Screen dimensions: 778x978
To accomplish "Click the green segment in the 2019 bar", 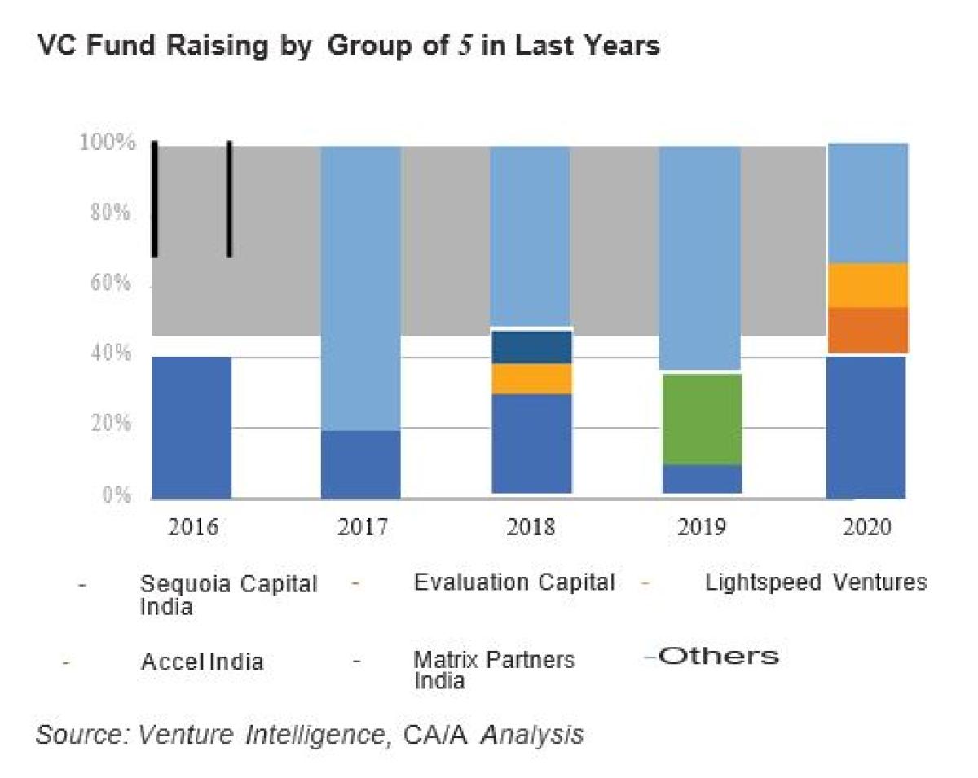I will click(701, 419).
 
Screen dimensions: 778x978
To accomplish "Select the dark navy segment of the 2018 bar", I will click(531, 347).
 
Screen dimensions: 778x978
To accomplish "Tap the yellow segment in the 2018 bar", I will click(531, 379).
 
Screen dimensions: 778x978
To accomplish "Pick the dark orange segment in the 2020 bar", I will click(867, 330).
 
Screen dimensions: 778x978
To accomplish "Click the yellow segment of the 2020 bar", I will click(867, 285).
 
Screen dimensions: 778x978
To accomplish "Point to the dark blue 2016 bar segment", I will click(192, 427).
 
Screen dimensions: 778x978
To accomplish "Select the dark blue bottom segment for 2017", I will click(360, 464).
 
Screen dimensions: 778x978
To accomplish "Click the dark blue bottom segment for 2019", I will click(701, 479).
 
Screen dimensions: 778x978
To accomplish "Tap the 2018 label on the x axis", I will click(531, 525).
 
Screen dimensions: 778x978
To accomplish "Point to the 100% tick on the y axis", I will click(107, 143).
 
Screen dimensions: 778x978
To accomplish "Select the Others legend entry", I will click(717, 656).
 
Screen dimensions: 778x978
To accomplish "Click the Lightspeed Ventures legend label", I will click(815, 582).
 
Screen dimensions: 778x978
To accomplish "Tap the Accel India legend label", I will click(202, 661).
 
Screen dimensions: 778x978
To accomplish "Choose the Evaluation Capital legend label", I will click(513, 582).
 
